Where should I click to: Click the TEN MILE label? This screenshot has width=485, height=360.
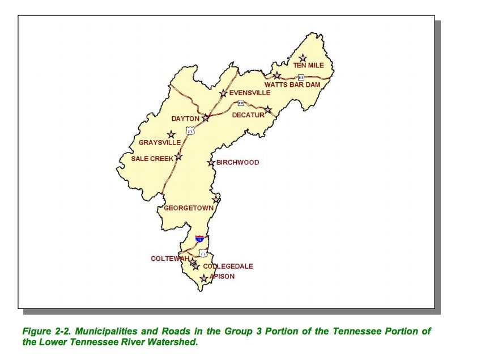tap(308, 66)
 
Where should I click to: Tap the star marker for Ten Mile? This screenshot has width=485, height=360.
tap(303, 58)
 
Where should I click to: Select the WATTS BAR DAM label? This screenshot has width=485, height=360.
tap(292, 85)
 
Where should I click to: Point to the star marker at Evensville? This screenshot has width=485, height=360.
tap(223, 93)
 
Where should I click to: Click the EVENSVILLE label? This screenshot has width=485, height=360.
tap(250, 93)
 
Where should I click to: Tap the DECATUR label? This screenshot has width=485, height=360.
tap(248, 115)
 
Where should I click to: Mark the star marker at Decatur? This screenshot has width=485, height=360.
tap(269, 110)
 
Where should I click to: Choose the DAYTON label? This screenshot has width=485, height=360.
tap(185, 119)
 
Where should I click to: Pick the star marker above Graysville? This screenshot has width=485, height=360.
tap(171, 135)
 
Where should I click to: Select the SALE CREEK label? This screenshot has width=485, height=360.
tap(152, 159)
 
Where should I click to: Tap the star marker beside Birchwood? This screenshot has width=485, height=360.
tap(211, 163)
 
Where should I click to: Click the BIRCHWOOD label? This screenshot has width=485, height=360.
tap(237, 163)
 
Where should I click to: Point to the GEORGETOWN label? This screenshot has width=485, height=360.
tap(189, 209)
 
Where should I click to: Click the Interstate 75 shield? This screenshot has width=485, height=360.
tap(199, 239)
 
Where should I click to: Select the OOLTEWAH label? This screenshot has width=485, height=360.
tap(169, 259)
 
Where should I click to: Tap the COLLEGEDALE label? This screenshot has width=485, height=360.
tap(228, 266)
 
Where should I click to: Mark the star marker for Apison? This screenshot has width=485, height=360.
tap(204, 278)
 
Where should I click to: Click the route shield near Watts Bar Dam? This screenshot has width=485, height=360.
tap(301, 77)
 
